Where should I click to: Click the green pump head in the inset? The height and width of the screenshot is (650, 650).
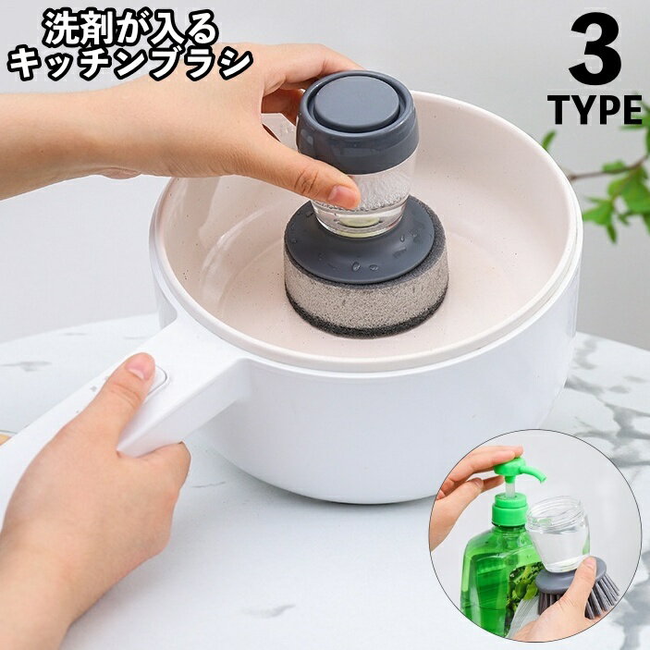tap(513, 472)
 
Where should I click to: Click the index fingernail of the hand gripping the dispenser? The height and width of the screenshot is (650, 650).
tap(345, 195)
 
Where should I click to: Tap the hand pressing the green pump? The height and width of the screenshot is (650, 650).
tap(467, 490)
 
